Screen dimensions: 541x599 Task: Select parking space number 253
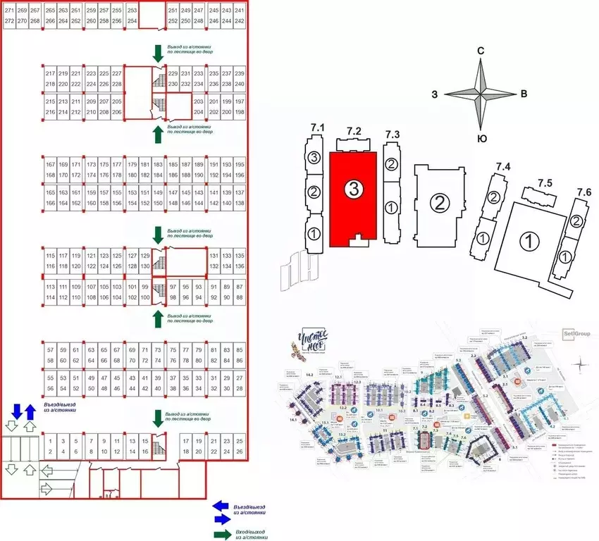[131, 11]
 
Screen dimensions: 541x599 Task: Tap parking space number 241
[240, 11]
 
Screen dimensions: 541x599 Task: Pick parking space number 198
[240, 112]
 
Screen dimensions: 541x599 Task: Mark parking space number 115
[50, 256]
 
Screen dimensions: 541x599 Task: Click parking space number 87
[240, 287]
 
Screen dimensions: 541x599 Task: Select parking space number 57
[50, 350]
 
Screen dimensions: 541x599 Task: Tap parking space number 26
[240, 452]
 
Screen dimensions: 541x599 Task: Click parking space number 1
[50, 442]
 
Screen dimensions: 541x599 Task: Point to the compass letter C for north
[480, 51]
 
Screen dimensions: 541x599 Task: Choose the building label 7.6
[583, 192]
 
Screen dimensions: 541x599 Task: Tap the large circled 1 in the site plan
[525, 241]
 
